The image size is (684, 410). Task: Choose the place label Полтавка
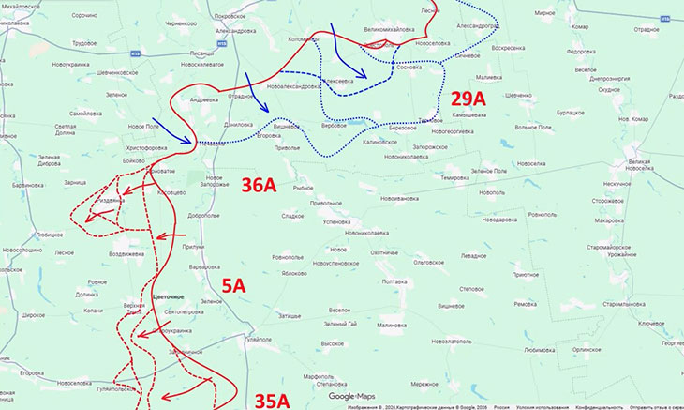(x=394, y=281)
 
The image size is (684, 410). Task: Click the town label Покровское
(x=230, y=16)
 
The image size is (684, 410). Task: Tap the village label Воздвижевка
(x=126, y=254)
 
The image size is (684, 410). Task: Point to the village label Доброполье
(x=203, y=215)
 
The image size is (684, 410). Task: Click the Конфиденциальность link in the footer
(x=600, y=407)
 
